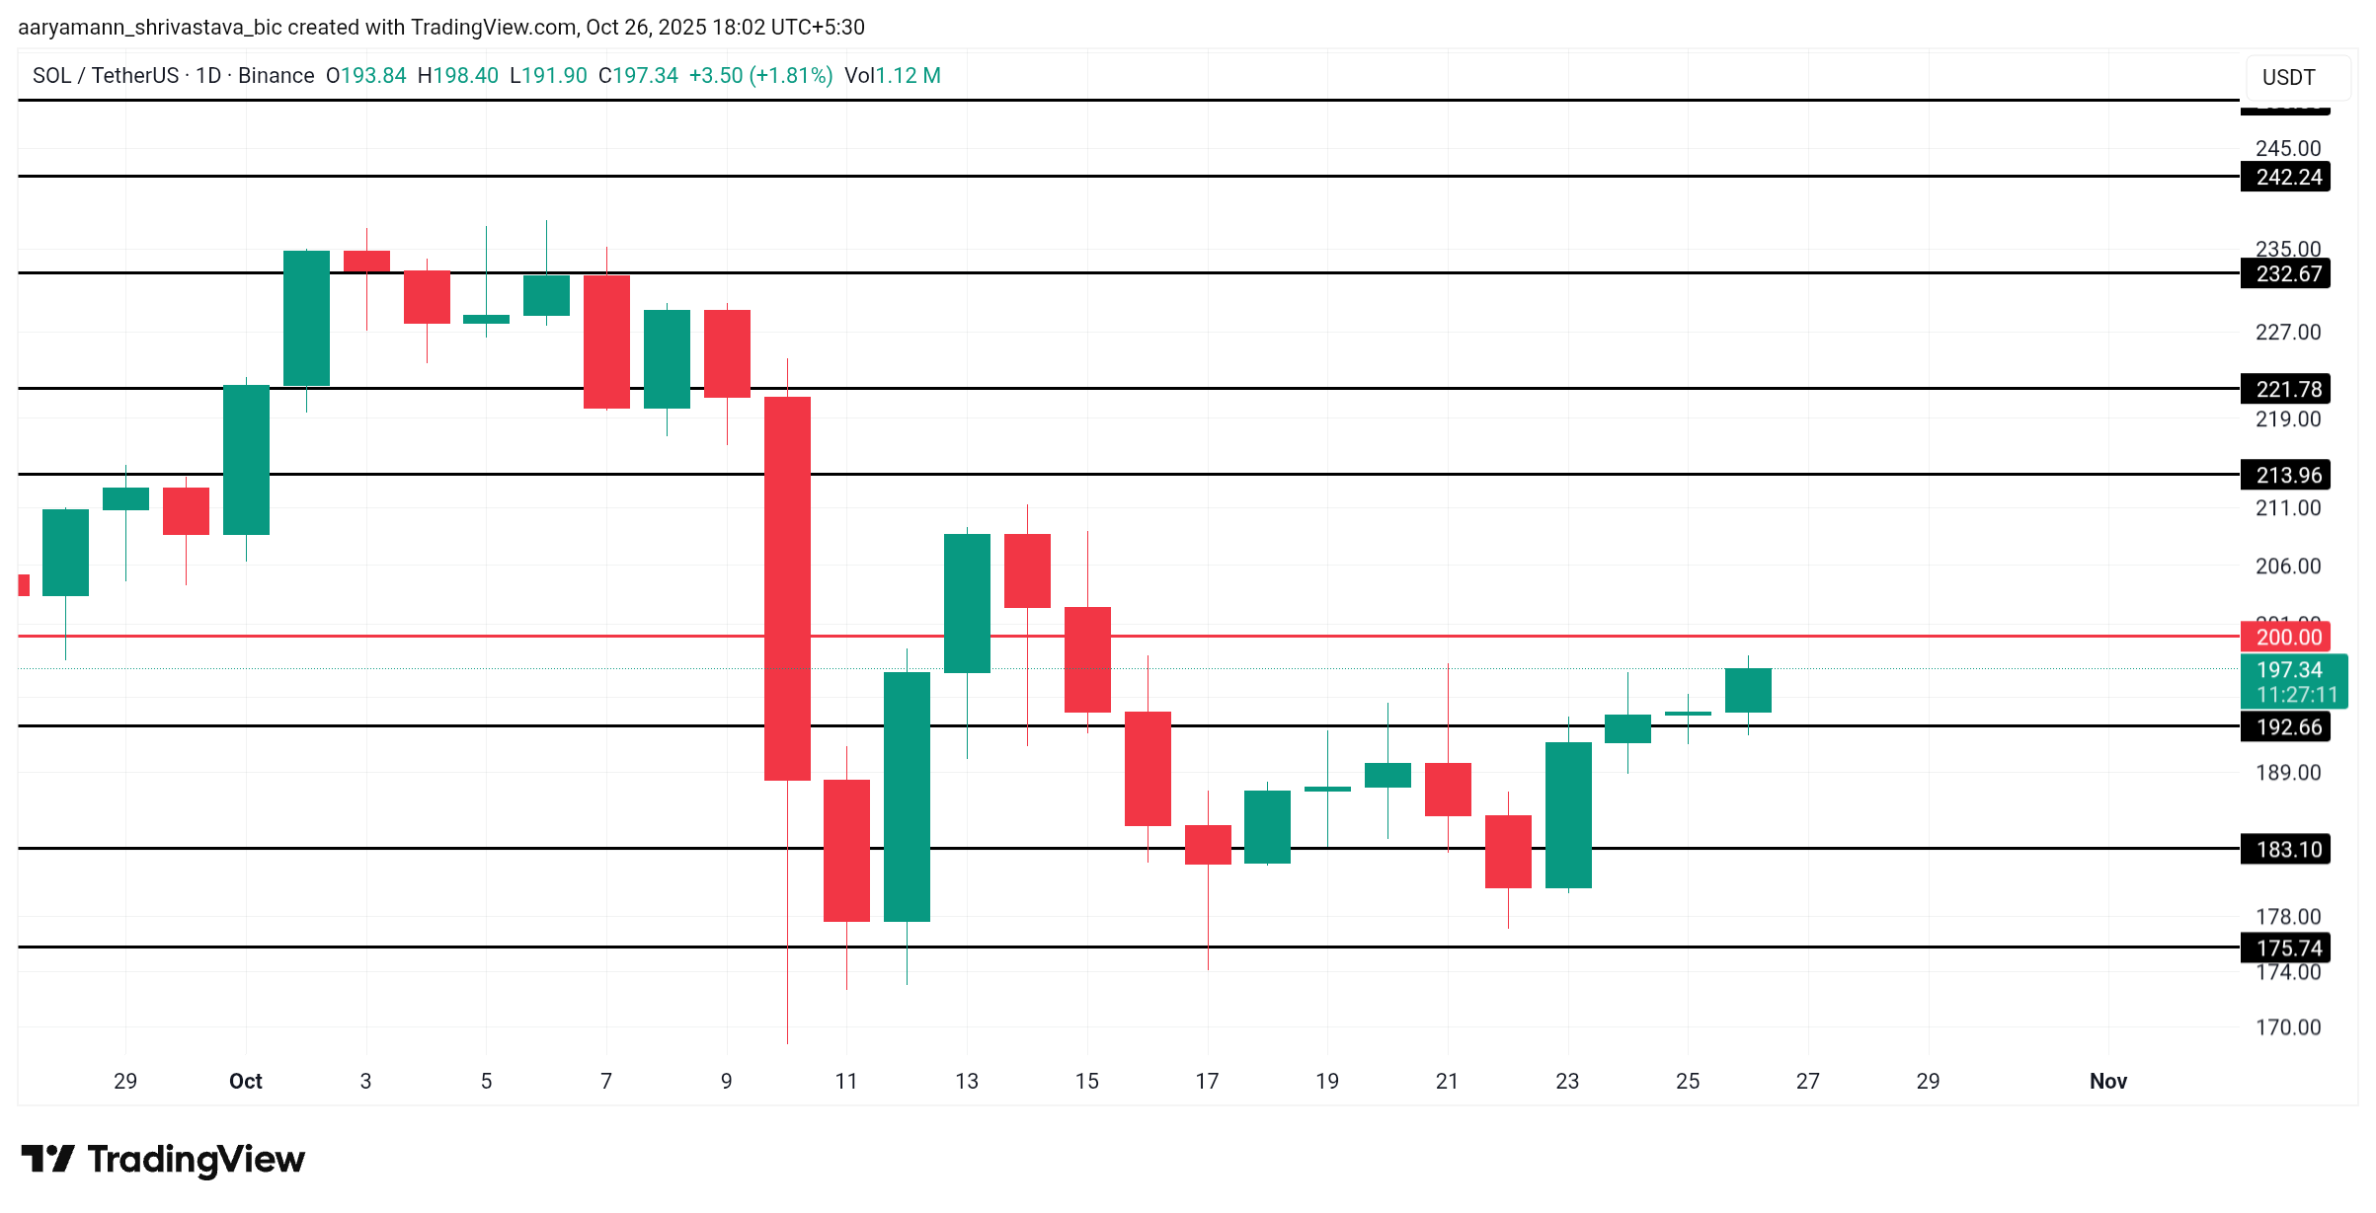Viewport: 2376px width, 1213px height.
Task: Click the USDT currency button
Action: [x=2288, y=77]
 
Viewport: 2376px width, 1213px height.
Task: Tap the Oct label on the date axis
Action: [x=245, y=1081]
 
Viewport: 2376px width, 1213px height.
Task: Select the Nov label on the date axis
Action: [x=2107, y=1081]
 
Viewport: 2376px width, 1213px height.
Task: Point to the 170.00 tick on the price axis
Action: [x=2287, y=1027]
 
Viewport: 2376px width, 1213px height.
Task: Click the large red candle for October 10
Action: [x=787, y=588]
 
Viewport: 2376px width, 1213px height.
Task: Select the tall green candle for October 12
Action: [x=907, y=796]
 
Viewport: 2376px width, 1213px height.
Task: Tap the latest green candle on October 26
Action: [x=1748, y=690]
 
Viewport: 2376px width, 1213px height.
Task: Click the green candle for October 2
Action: [x=306, y=318]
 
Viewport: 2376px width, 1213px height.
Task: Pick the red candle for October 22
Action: [x=1508, y=851]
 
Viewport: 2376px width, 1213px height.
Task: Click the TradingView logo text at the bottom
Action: [x=196, y=1159]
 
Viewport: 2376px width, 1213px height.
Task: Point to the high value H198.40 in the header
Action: [x=457, y=76]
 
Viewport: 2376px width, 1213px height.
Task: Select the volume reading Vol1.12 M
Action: [x=892, y=76]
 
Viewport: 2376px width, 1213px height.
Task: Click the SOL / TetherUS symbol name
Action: [x=106, y=76]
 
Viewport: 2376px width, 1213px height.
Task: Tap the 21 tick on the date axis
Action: [x=1447, y=1081]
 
